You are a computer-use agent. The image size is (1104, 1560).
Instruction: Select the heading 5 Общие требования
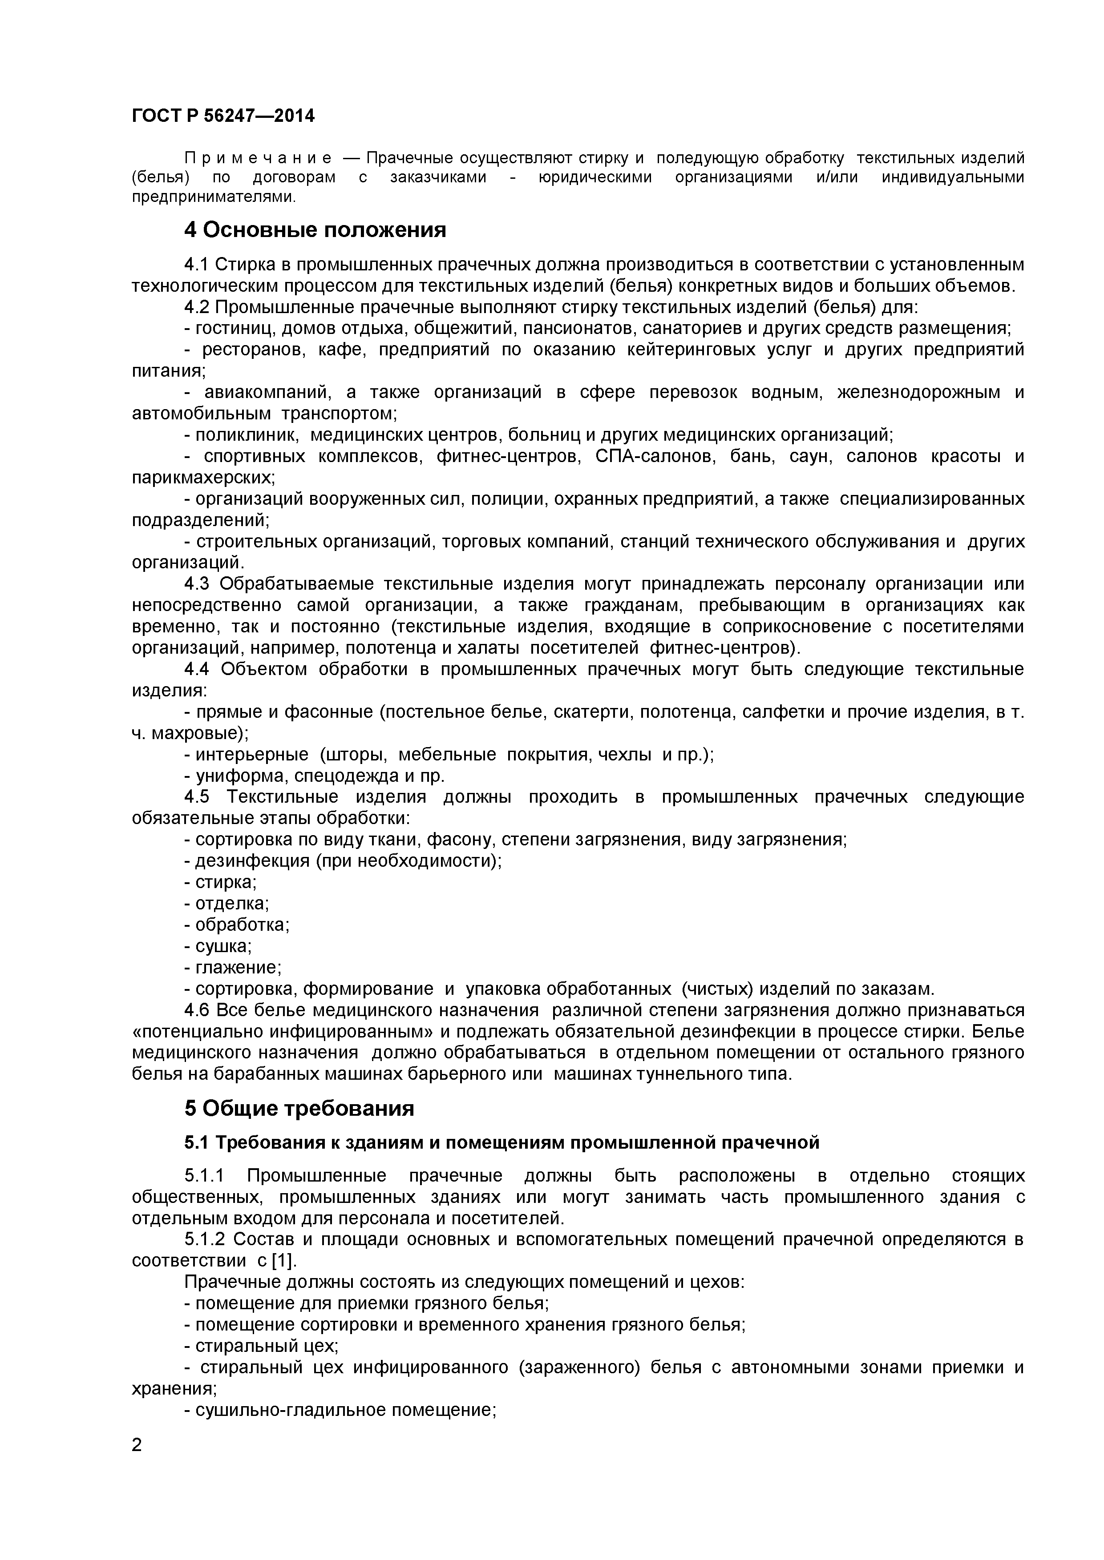pyautogui.click(x=299, y=1109)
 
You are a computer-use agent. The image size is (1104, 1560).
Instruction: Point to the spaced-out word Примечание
pyautogui.click(x=259, y=158)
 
